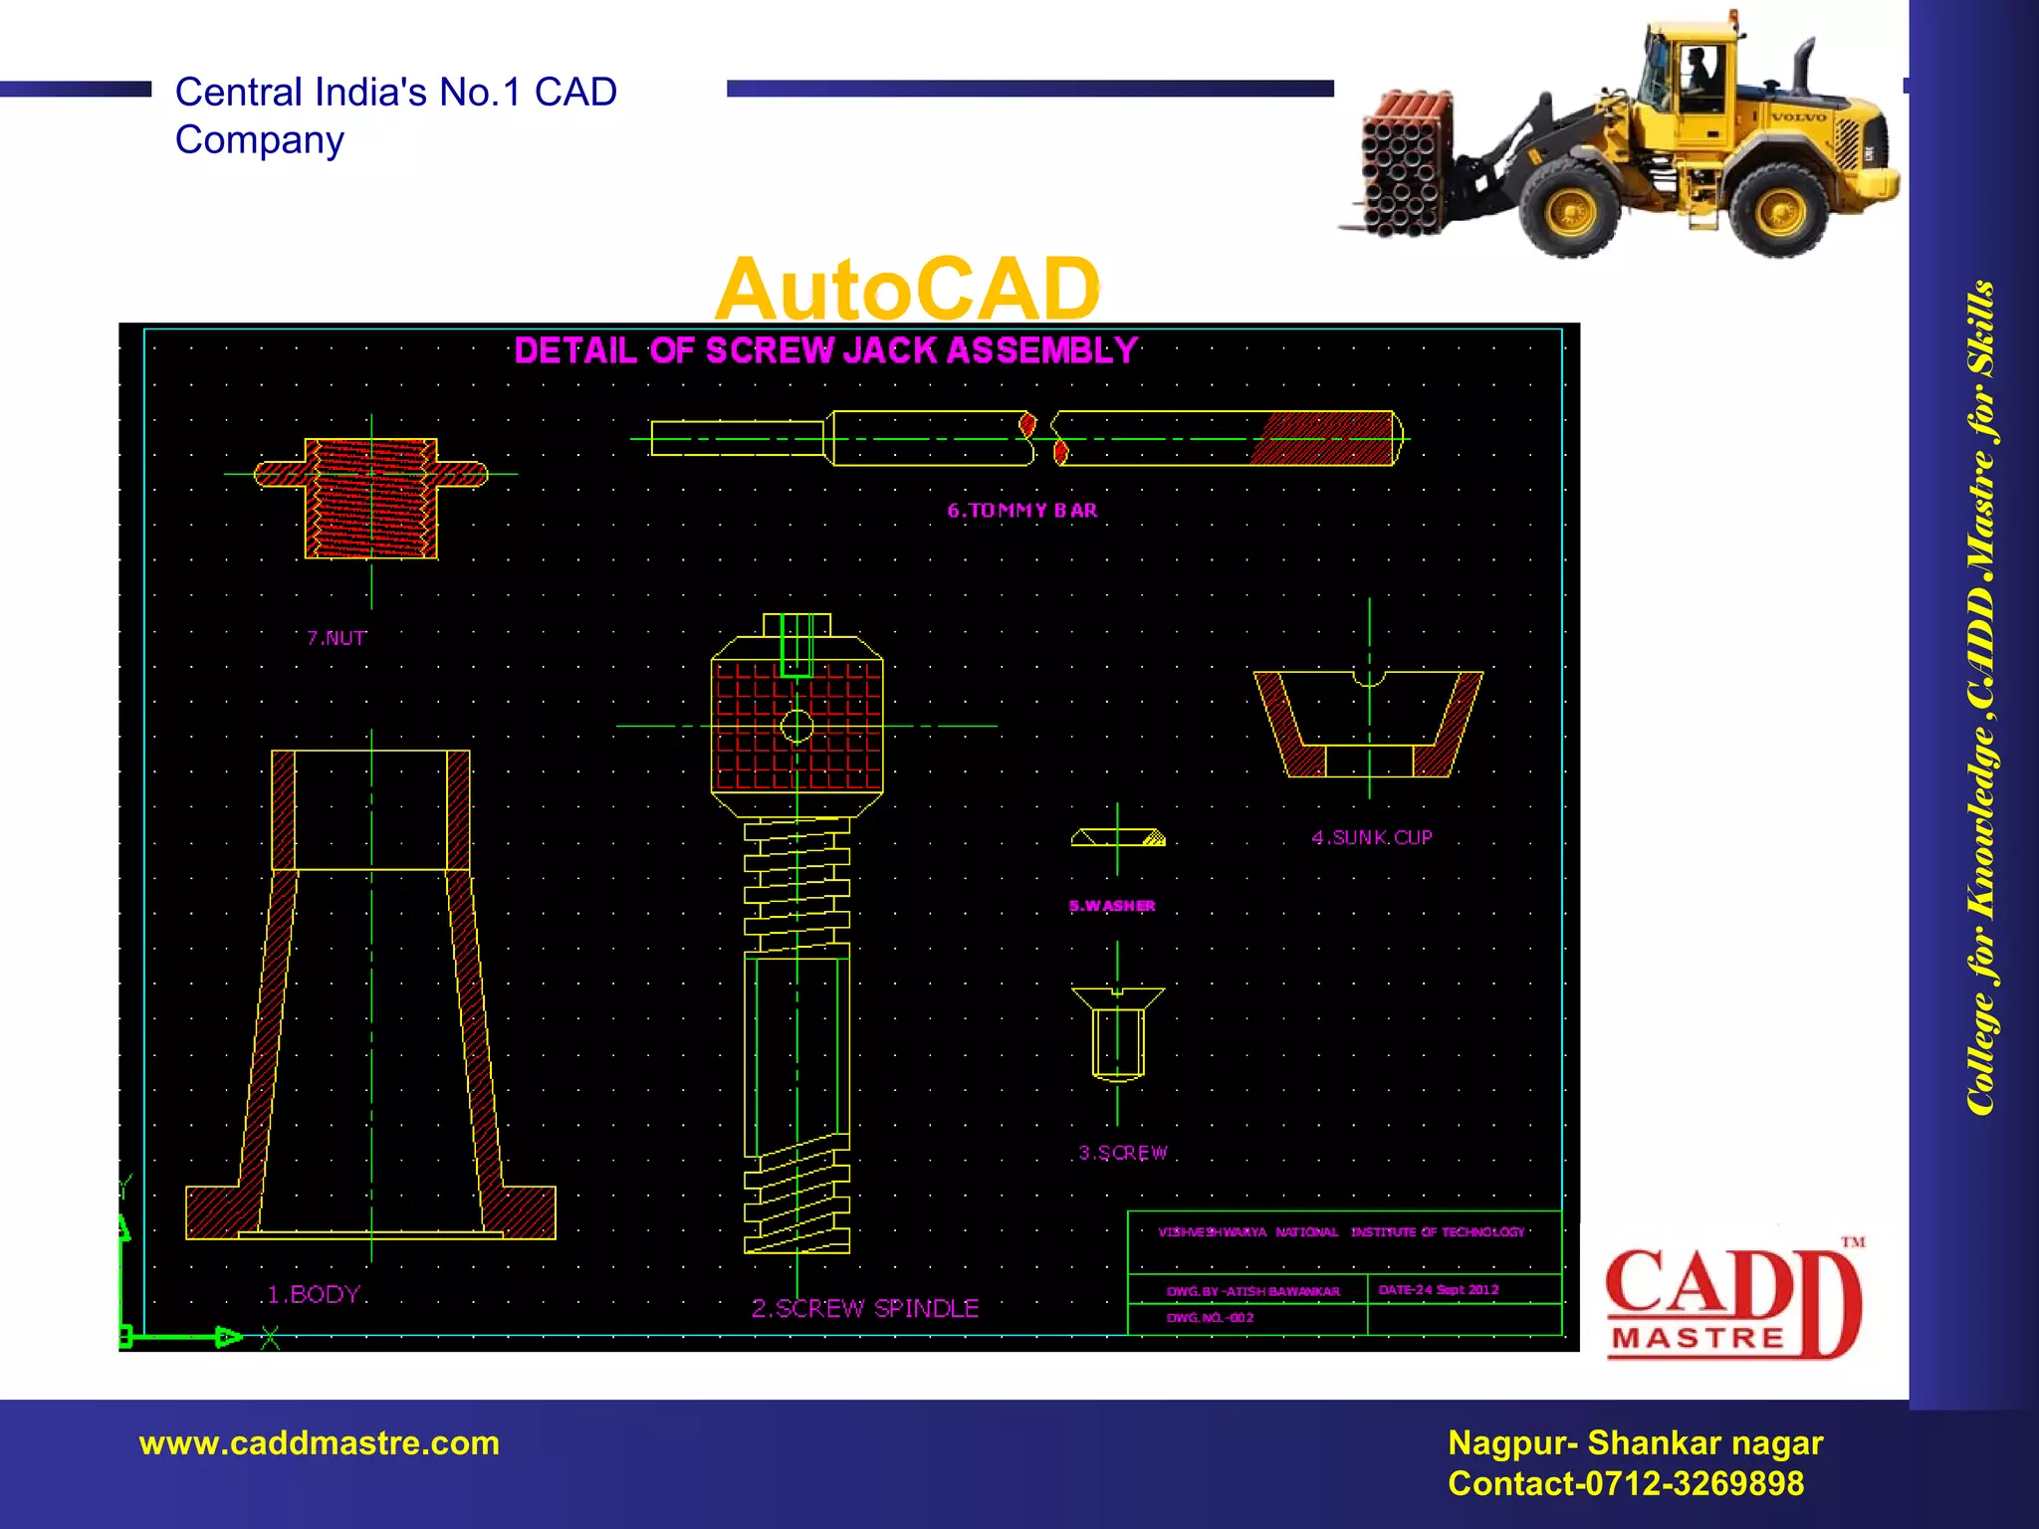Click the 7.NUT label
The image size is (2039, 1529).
click(337, 638)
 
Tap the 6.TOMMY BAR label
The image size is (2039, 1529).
click(1021, 511)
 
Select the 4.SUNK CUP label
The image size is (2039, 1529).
click(1371, 837)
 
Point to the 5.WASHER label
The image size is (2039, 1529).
click(1112, 906)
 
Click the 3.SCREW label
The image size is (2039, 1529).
click(1122, 1153)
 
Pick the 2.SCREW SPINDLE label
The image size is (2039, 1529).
click(864, 1308)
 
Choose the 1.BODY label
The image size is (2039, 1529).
click(313, 1294)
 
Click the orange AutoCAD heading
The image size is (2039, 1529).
click(907, 289)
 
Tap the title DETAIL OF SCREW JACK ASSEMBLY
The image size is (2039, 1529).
click(825, 350)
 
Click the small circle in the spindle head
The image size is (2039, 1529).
click(796, 726)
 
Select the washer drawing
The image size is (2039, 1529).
click(1117, 838)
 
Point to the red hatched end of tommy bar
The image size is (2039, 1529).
click(1324, 438)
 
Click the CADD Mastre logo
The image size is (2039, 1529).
click(1732, 1302)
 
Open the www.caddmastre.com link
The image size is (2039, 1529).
click(320, 1443)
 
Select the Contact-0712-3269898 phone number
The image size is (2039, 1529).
click(1625, 1484)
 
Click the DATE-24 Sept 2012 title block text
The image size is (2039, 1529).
click(1438, 1289)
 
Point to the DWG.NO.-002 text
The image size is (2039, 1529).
click(1210, 1317)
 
